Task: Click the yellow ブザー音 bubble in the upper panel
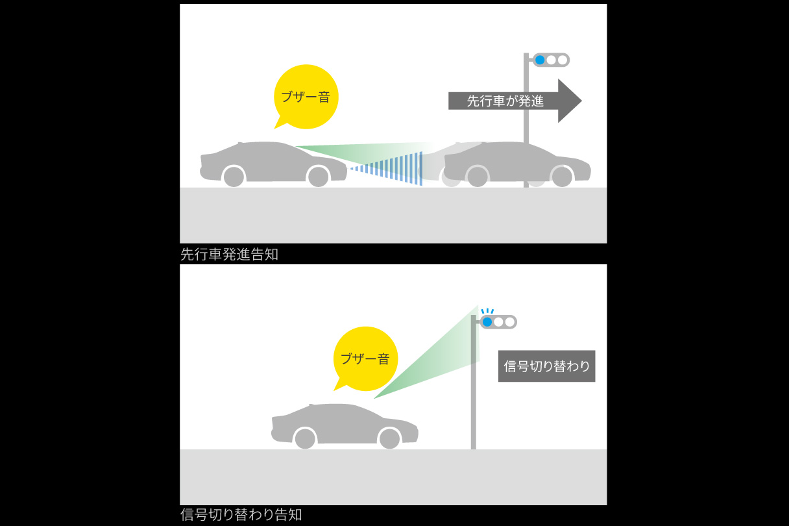tap(306, 97)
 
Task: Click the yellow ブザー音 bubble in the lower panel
tap(365, 358)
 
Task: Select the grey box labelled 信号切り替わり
tap(546, 366)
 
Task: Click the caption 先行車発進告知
tap(229, 254)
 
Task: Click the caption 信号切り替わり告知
tap(241, 515)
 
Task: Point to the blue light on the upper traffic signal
tap(539, 60)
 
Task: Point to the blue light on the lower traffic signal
tap(487, 321)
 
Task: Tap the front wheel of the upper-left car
tap(318, 177)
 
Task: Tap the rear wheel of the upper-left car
tap(234, 177)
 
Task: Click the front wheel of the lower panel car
tap(389, 438)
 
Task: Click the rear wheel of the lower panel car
tap(305, 438)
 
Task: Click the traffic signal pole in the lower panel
tap(474, 403)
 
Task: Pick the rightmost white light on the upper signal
tap(563, 60)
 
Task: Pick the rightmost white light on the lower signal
tap(510, 321)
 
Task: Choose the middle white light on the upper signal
tap(551, 60)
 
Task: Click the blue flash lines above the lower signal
tap(487, 310)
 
